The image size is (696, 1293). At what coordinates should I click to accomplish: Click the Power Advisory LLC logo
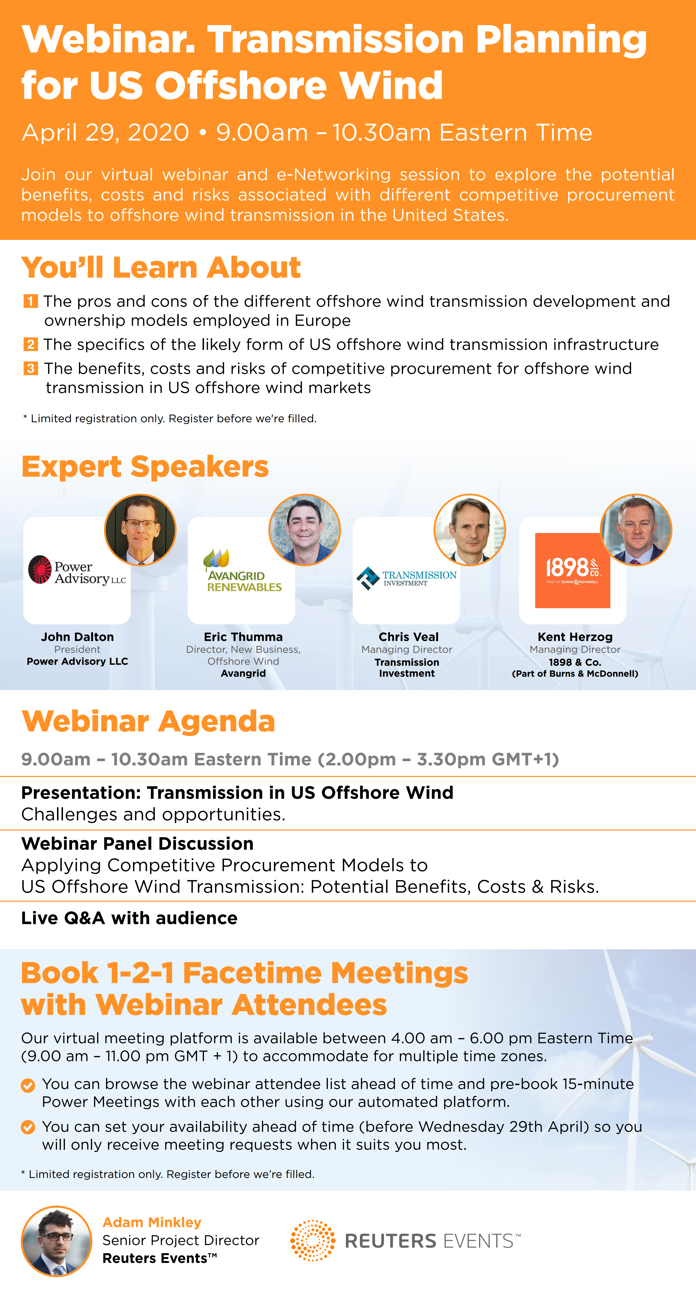[x=77, y=570]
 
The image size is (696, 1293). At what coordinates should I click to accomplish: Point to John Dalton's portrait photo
[x=140, y=530]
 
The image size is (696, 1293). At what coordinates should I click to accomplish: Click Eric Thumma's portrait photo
[x=305, y=530]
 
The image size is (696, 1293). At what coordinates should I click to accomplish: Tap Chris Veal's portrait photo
[x=470, y=530]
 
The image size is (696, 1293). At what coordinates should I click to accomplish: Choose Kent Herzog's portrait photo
[x=636, y=530]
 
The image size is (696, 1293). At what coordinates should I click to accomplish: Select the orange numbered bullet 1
[x=30, y=301]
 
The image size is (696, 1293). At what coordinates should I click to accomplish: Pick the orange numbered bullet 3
[x=30, y=369]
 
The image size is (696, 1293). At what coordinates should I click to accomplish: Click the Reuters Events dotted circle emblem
[x=313, y=1240]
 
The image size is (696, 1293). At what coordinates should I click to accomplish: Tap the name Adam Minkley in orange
[x=152, y=1222]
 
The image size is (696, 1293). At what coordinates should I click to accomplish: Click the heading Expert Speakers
[x=145, y=467]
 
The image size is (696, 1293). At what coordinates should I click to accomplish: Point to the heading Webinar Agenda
[x=149, y=721]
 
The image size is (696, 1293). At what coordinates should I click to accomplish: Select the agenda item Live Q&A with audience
[x=130, y=918]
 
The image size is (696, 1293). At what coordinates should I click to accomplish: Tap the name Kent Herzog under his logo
[x=575, y=637]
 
